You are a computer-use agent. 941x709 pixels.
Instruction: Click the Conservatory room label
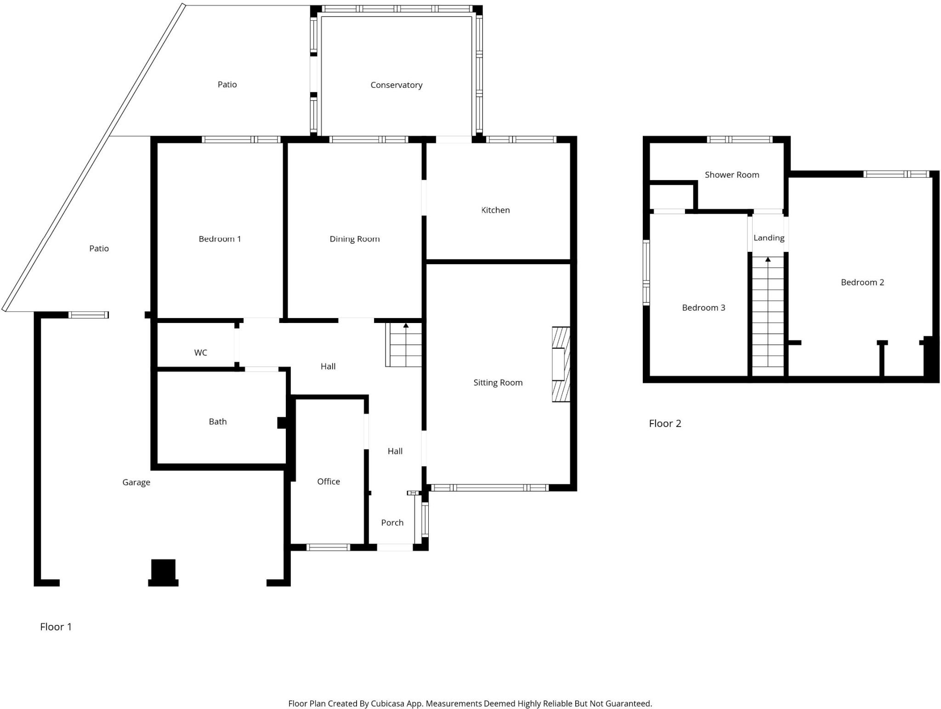396,85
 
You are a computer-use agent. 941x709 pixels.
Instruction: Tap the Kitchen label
495,210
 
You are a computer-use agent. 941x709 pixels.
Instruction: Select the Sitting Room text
498,382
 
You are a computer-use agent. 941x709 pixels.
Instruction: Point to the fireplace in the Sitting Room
561,364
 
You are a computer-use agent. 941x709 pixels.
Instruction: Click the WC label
200,352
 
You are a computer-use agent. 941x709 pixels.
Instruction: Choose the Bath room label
217,421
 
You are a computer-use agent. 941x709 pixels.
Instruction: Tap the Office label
329,481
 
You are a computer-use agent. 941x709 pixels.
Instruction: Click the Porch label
392,522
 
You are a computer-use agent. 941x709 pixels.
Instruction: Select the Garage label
136,482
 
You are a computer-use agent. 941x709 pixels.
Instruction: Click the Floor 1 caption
56,627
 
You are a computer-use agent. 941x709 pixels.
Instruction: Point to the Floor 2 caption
664,423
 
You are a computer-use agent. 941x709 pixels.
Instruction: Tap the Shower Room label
731,175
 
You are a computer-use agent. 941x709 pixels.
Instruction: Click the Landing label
768,238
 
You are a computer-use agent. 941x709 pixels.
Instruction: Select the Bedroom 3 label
703,307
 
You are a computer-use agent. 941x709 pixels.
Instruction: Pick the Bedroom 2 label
862,282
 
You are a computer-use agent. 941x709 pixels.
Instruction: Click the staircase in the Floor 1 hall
404,345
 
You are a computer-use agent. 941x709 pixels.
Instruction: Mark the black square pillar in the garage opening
163,570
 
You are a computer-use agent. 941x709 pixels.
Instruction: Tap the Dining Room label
354,239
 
